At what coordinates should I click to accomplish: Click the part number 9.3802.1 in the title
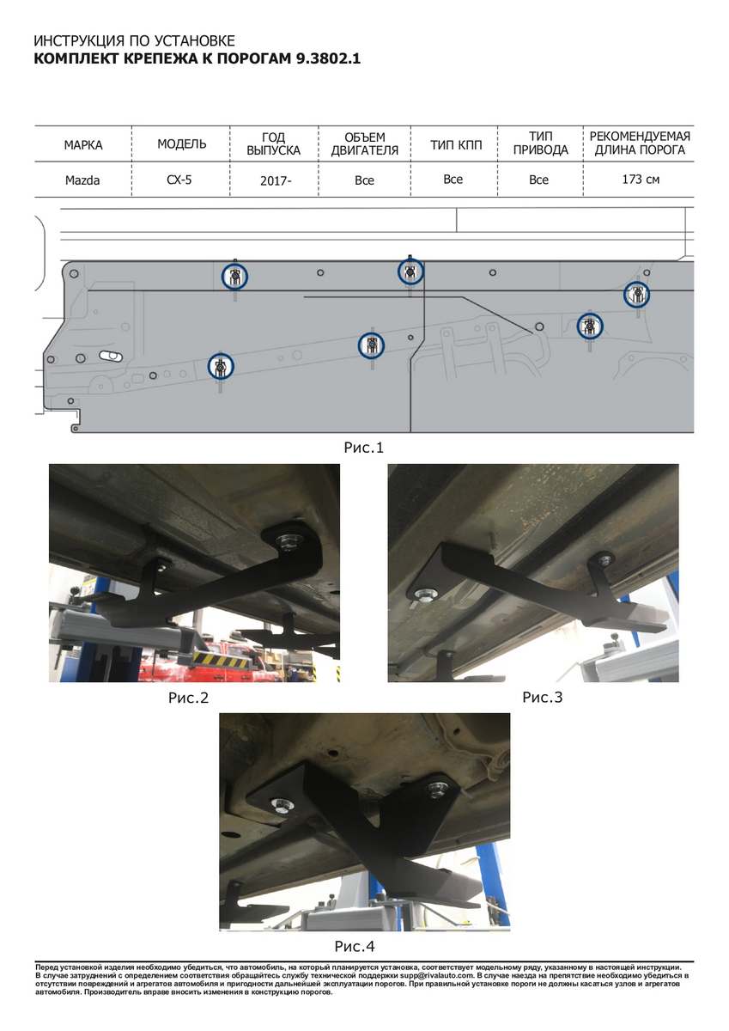point(328,59)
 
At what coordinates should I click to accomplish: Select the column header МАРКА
point(83,145)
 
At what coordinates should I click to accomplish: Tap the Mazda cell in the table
point(82,180)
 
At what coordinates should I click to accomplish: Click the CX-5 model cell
point(179,180)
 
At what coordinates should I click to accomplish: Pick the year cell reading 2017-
point(276,181)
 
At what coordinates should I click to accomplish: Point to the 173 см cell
point(641,179)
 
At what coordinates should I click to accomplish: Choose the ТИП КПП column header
point(456,145)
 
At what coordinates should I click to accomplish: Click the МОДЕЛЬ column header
point(182,144)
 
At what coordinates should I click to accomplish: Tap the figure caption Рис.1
point(363,448)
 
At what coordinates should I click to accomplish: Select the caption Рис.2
point(188,698)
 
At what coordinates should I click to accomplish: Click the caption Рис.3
point(543,698)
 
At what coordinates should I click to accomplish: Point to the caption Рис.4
point(354,946)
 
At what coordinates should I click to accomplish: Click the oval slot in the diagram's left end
point(111,356)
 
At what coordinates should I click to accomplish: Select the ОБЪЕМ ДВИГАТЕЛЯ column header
point(365,144)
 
